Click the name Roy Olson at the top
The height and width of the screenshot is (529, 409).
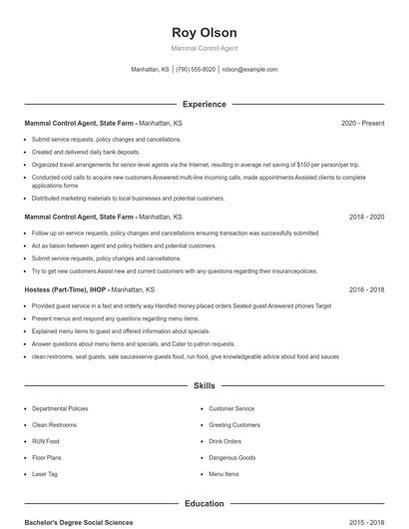[x=204, y=32]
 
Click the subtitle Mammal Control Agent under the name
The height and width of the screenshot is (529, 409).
[x=204, y=48]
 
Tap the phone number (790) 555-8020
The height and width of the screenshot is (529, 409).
[x=196, y=70]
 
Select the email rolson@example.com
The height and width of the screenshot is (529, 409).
[x=249, y=70]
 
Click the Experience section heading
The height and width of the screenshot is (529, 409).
[x=204, y=104]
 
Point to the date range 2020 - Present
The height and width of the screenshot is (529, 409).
[x=362, y=123]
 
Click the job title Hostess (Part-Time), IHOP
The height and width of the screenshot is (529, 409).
[x=65, y=289]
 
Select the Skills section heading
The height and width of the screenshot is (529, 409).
[x=204, y=384]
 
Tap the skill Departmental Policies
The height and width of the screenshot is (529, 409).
[x=60, y=408]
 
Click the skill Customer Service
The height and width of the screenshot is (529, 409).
[x=231, y=408]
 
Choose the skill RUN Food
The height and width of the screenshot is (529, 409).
[x=46, y=441]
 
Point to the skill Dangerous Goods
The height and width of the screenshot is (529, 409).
[x=232, y=457]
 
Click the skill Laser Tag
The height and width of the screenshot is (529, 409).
[x=45, y=474]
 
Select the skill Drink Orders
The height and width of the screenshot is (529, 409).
[x=225, y=441]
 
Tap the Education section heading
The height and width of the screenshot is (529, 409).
[x=204, y=504]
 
